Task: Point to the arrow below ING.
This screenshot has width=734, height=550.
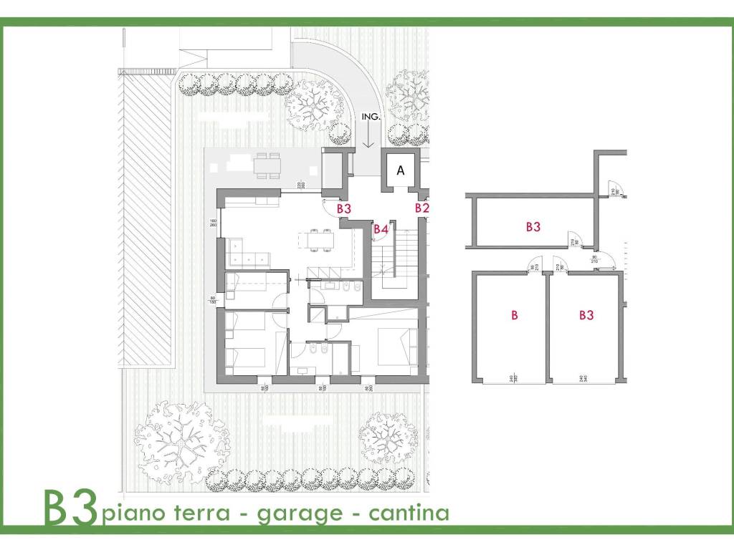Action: (x=368, y=135)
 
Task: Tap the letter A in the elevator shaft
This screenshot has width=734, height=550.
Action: (x=401, y=170)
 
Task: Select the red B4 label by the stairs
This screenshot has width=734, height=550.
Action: (x=381, y=229)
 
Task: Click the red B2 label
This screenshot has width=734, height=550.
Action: (x=421, y=208)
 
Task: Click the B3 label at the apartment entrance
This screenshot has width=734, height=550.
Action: (x=344, y=208)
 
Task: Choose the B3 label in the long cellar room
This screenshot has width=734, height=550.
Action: (x=533, y=227)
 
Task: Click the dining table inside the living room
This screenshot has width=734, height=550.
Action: (x=316, y=241)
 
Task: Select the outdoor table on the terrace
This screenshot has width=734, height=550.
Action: (x=267, y=165)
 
